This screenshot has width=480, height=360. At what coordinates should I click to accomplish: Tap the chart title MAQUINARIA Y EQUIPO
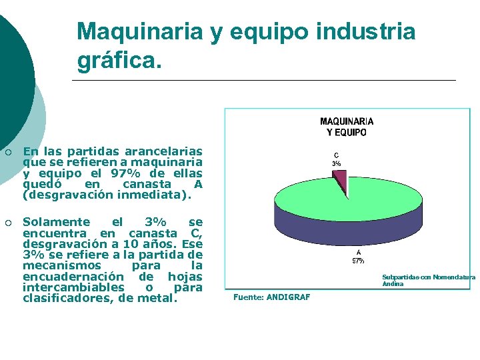pos(347,127)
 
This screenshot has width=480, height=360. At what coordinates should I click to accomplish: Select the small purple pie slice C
pos(340,181)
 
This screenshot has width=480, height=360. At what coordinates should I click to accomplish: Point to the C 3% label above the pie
pos(337,159)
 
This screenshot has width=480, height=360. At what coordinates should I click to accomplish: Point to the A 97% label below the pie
pos(358,257)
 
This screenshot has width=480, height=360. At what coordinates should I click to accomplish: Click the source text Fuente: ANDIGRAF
pos(271,297)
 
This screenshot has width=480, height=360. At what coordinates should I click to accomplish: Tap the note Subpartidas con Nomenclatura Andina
pos(428,280)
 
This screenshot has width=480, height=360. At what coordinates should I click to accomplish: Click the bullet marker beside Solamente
pos(8,222)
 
